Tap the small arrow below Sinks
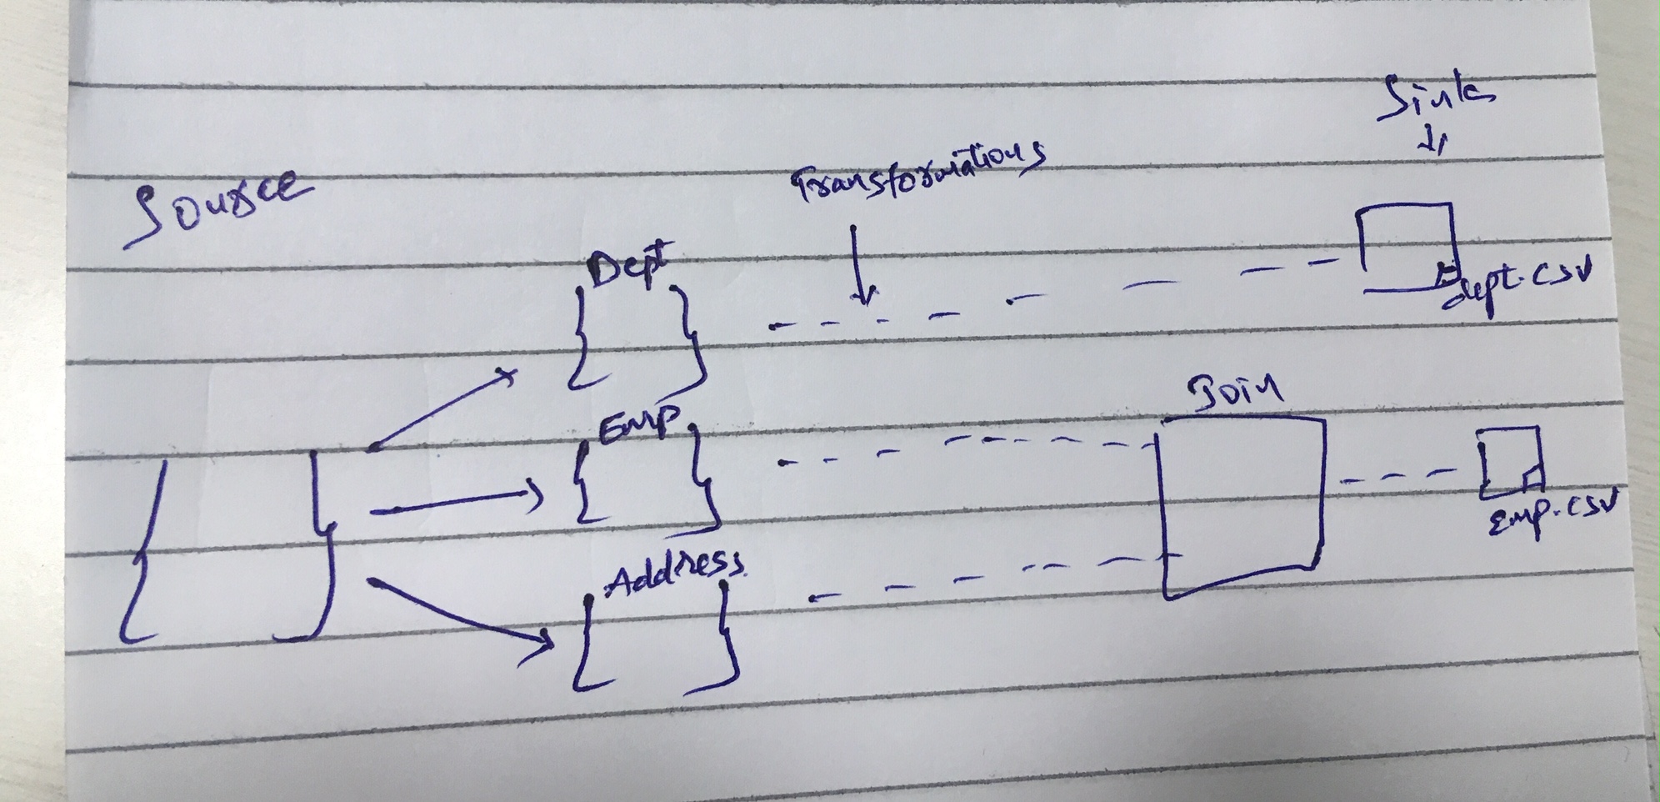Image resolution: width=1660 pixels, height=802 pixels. click(x=1432, y=142)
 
